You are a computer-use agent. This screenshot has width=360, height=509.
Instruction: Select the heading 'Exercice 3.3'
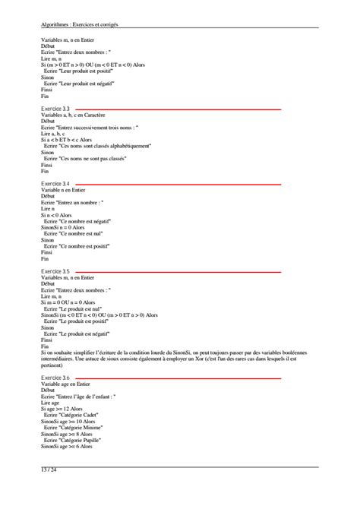55,109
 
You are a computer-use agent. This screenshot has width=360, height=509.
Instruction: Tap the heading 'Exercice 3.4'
55,184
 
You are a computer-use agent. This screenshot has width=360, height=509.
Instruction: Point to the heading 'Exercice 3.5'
55,271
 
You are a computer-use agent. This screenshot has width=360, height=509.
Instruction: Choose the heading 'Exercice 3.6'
55,378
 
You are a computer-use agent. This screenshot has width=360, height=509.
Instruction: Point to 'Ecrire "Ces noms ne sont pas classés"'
85,158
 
